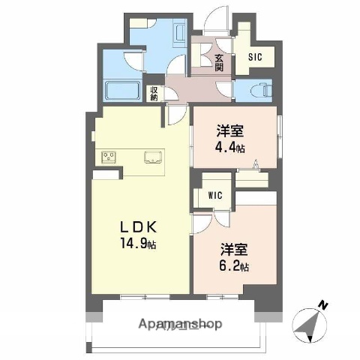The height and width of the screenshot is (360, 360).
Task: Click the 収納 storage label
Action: [154, 93]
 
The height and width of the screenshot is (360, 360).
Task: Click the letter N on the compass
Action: [321, 304]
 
